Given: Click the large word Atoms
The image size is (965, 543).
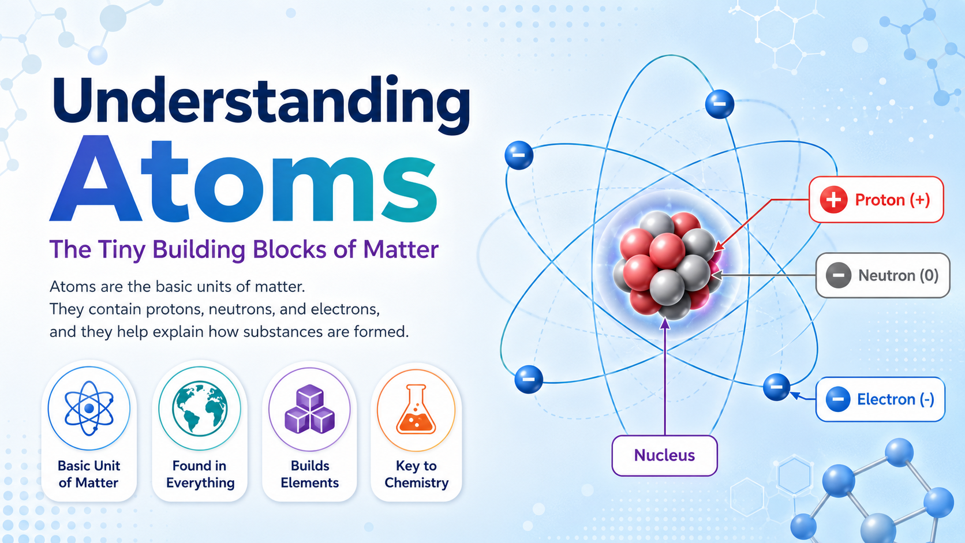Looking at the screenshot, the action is click(x=244, y=179).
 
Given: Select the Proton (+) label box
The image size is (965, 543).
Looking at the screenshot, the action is click(x=876, y=200).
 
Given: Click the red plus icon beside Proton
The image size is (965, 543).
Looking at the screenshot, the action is click(x=833, y=200).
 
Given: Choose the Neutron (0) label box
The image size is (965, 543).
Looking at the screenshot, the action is click(x=882, y=275).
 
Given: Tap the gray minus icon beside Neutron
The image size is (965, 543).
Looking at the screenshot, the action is click(x=838, y=275).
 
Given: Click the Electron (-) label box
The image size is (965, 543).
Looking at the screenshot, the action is click(x=880, y=399).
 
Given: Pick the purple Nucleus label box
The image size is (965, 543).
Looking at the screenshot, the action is click(x=664, y=456).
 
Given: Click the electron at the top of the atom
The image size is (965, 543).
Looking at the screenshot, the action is click(x=720, y=104).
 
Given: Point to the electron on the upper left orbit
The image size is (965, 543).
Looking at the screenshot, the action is click(x=519, y=155).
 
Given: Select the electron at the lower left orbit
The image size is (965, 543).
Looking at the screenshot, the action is click(x=529, y=379).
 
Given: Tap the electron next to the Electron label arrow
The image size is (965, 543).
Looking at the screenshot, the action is click(x=776, y=387).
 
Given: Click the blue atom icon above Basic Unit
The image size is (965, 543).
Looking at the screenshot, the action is click(x=89, y=409).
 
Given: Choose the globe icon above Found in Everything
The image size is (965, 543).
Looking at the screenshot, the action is click(x=200, y=409).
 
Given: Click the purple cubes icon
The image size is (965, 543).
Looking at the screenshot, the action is click(x=310, y=409).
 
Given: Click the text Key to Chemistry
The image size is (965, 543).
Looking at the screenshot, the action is click(x=416, y=474).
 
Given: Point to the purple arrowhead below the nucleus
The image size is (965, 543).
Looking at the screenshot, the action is click(x=665, y=323).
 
